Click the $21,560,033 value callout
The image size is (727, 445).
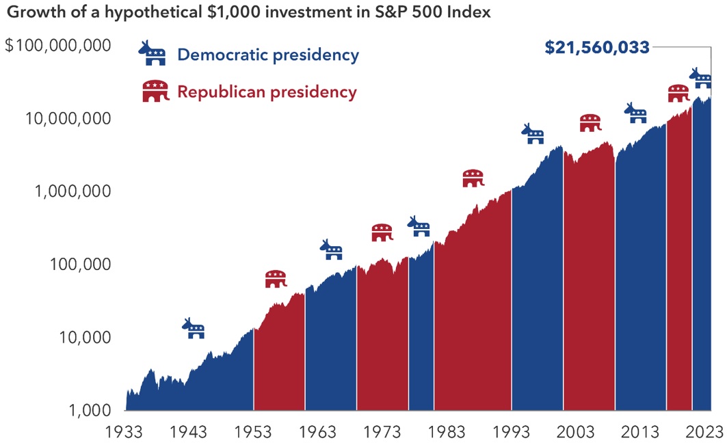597,48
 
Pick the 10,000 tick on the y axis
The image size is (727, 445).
85,338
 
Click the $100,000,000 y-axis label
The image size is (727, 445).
58,45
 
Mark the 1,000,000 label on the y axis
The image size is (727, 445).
72,191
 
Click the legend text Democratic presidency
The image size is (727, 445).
269,55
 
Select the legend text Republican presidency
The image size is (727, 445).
267,92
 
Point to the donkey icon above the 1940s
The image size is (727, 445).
194,328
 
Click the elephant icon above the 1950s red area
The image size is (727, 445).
276,279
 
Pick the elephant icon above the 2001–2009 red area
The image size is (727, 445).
590,123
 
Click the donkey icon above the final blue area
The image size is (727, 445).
700,78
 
